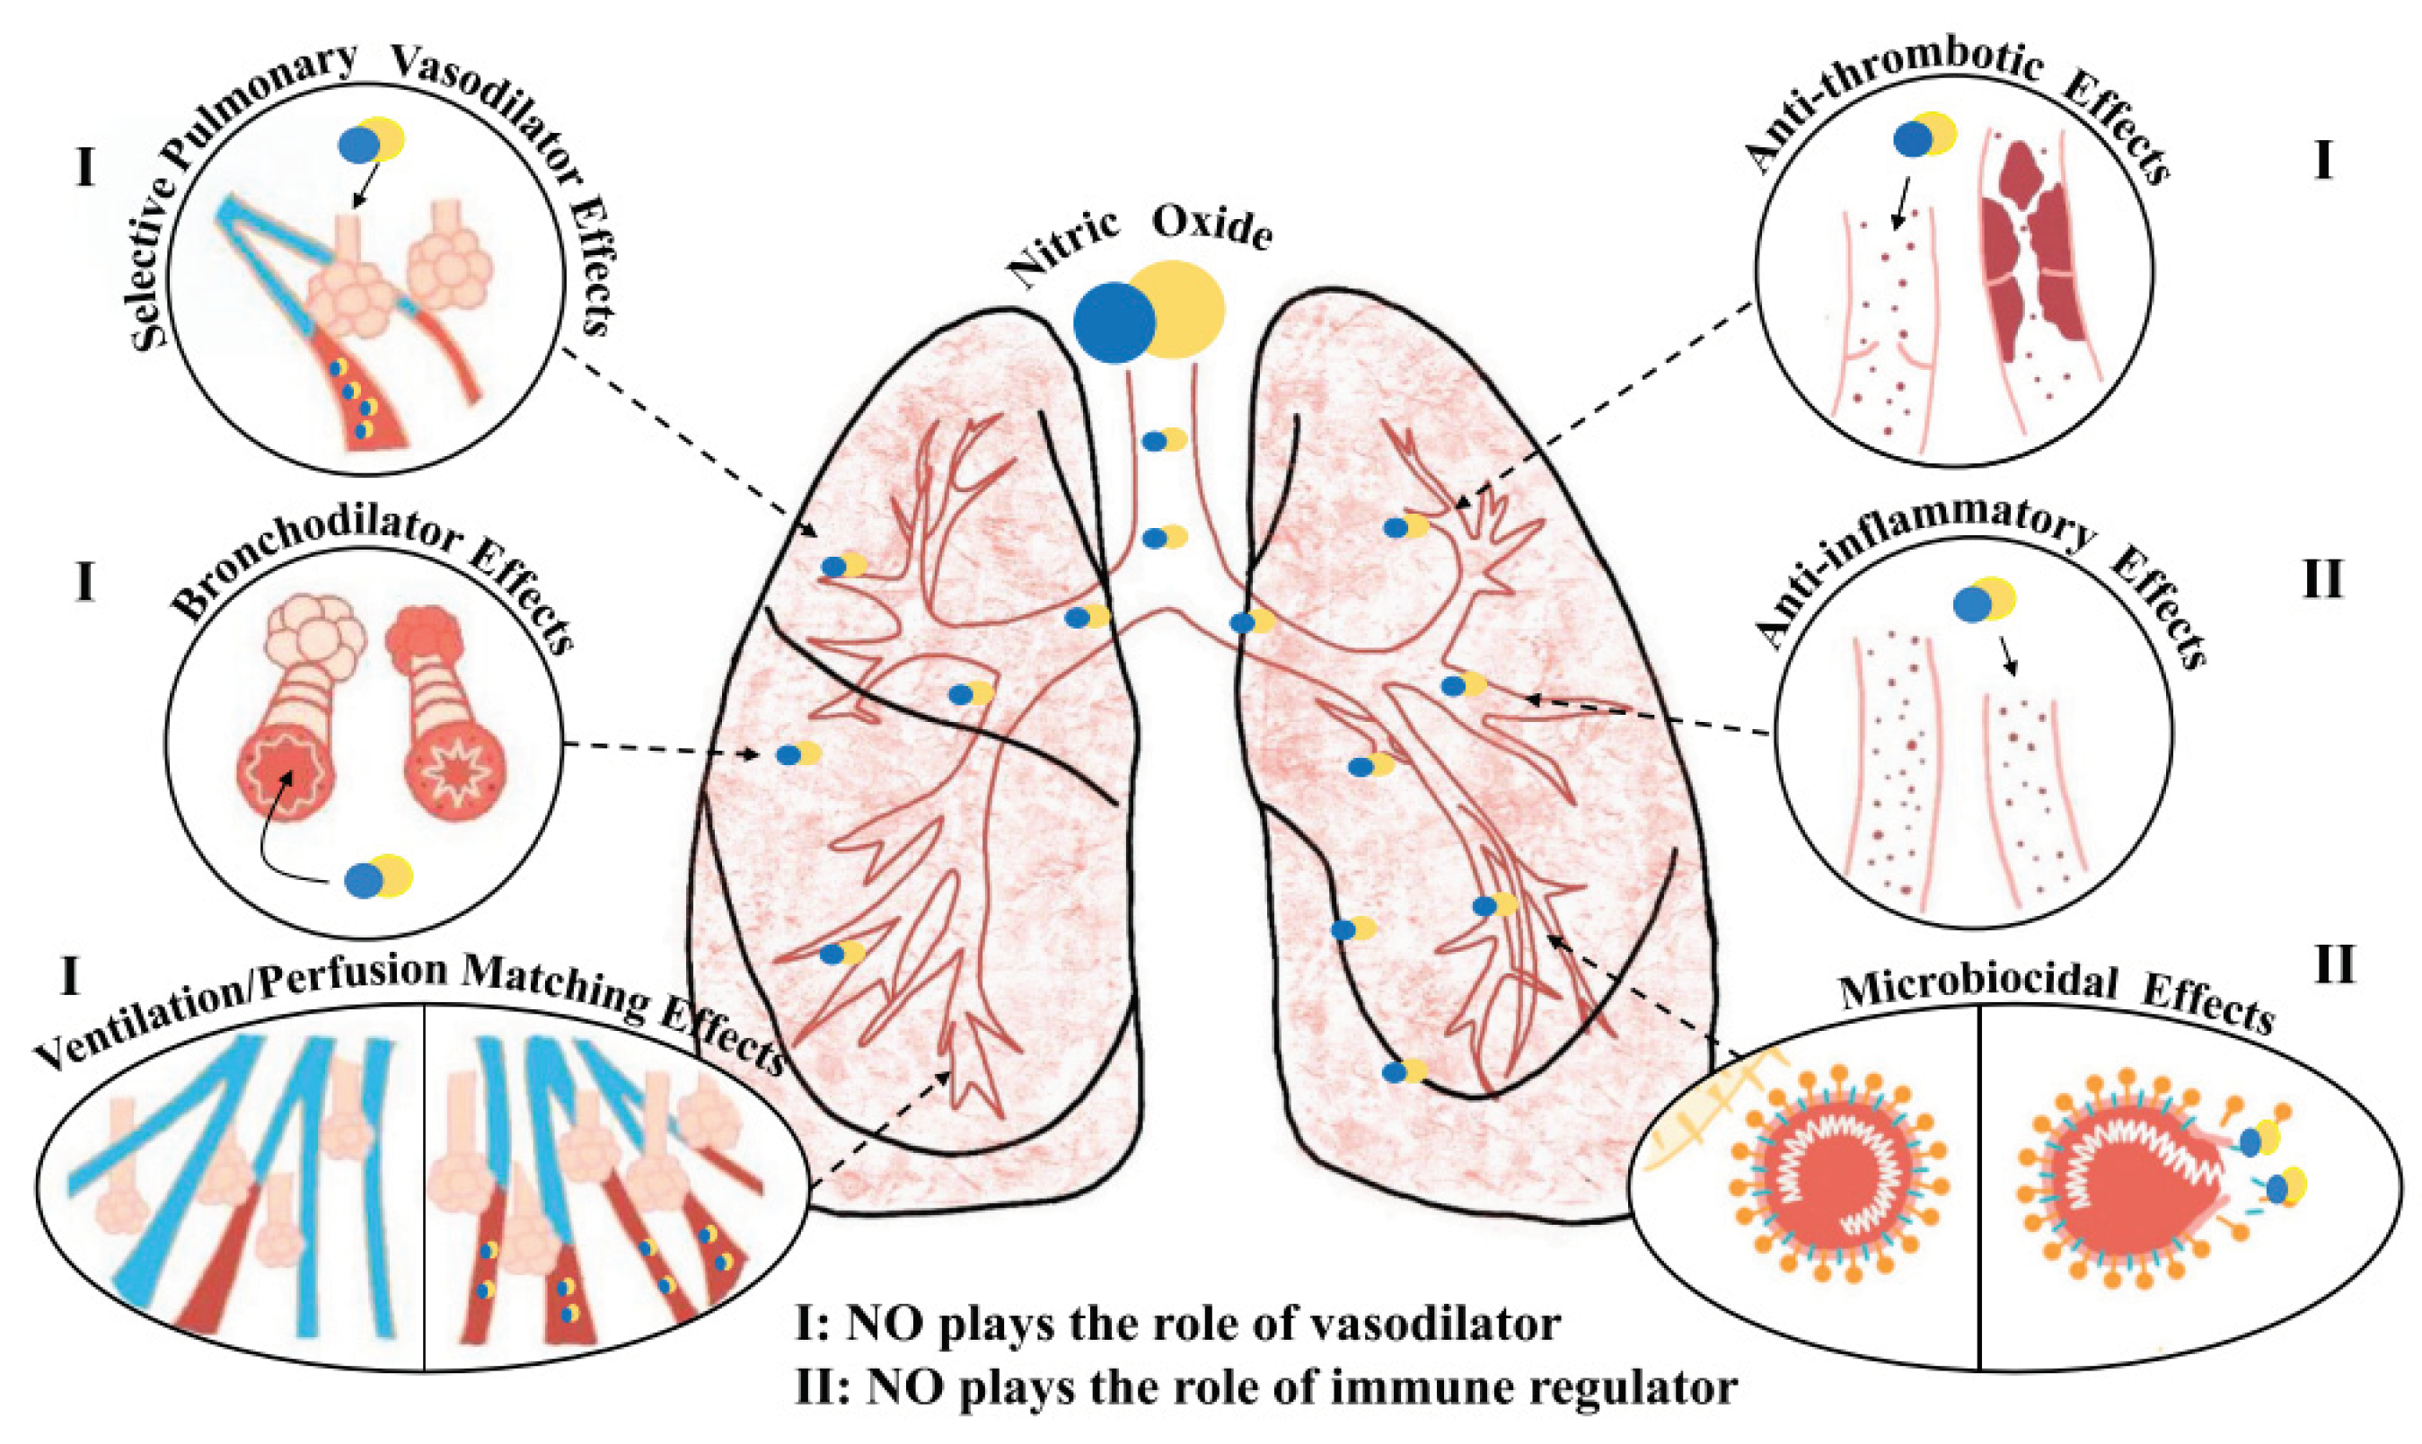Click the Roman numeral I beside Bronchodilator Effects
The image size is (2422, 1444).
click(x=84, y=583)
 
